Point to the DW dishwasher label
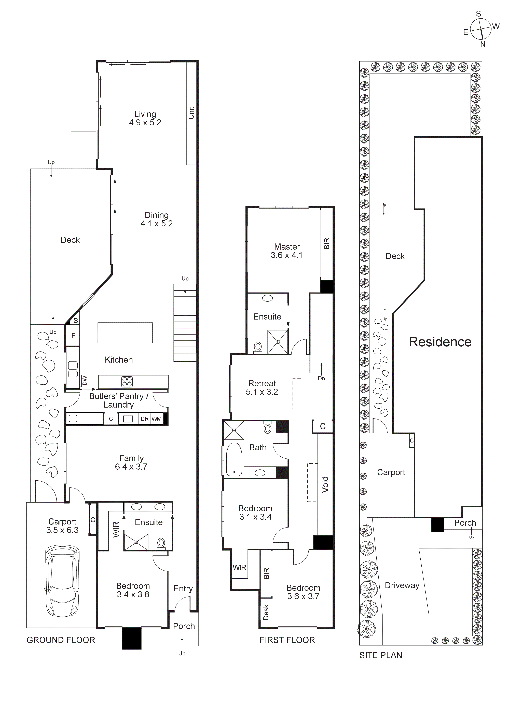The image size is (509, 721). (84, 380)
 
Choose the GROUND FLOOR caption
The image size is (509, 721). (61, 640)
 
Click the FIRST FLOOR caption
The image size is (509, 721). (287, 640)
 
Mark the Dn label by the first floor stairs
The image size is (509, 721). (321, 378)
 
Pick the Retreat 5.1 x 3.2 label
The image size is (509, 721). (262, 387)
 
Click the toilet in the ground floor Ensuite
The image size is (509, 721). (161, 543)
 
